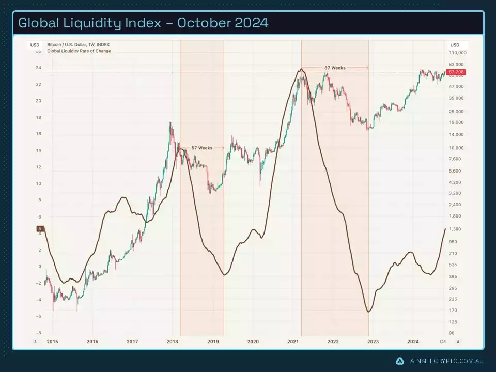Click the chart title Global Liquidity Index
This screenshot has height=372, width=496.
click(143, 23)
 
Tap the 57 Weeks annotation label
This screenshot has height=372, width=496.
click(202, 148)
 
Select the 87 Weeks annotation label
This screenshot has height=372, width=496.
click(335, 68)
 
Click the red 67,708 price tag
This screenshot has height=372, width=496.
click(457, 72)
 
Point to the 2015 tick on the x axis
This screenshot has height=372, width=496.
click(52, 342)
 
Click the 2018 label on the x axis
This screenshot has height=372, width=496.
click(173, 342)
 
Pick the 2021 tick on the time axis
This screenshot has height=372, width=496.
click(293, 342)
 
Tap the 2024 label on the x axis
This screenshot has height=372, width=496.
click(413, 342)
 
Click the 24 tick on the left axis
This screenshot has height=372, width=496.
click(38, 68)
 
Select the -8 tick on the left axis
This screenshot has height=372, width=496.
click(38, 333)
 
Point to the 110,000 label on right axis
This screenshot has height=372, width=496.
click(458, 53)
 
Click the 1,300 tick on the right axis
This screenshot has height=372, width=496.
click(455, 229)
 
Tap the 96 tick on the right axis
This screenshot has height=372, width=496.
click(452, 333)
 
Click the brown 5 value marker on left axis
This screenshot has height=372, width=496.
click(39, 229)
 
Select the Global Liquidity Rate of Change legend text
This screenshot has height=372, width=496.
click(79, 51)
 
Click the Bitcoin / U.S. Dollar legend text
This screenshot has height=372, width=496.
click(79, 45)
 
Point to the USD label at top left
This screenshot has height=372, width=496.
click(35, 45)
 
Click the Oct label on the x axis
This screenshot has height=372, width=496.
click(443, 342)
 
